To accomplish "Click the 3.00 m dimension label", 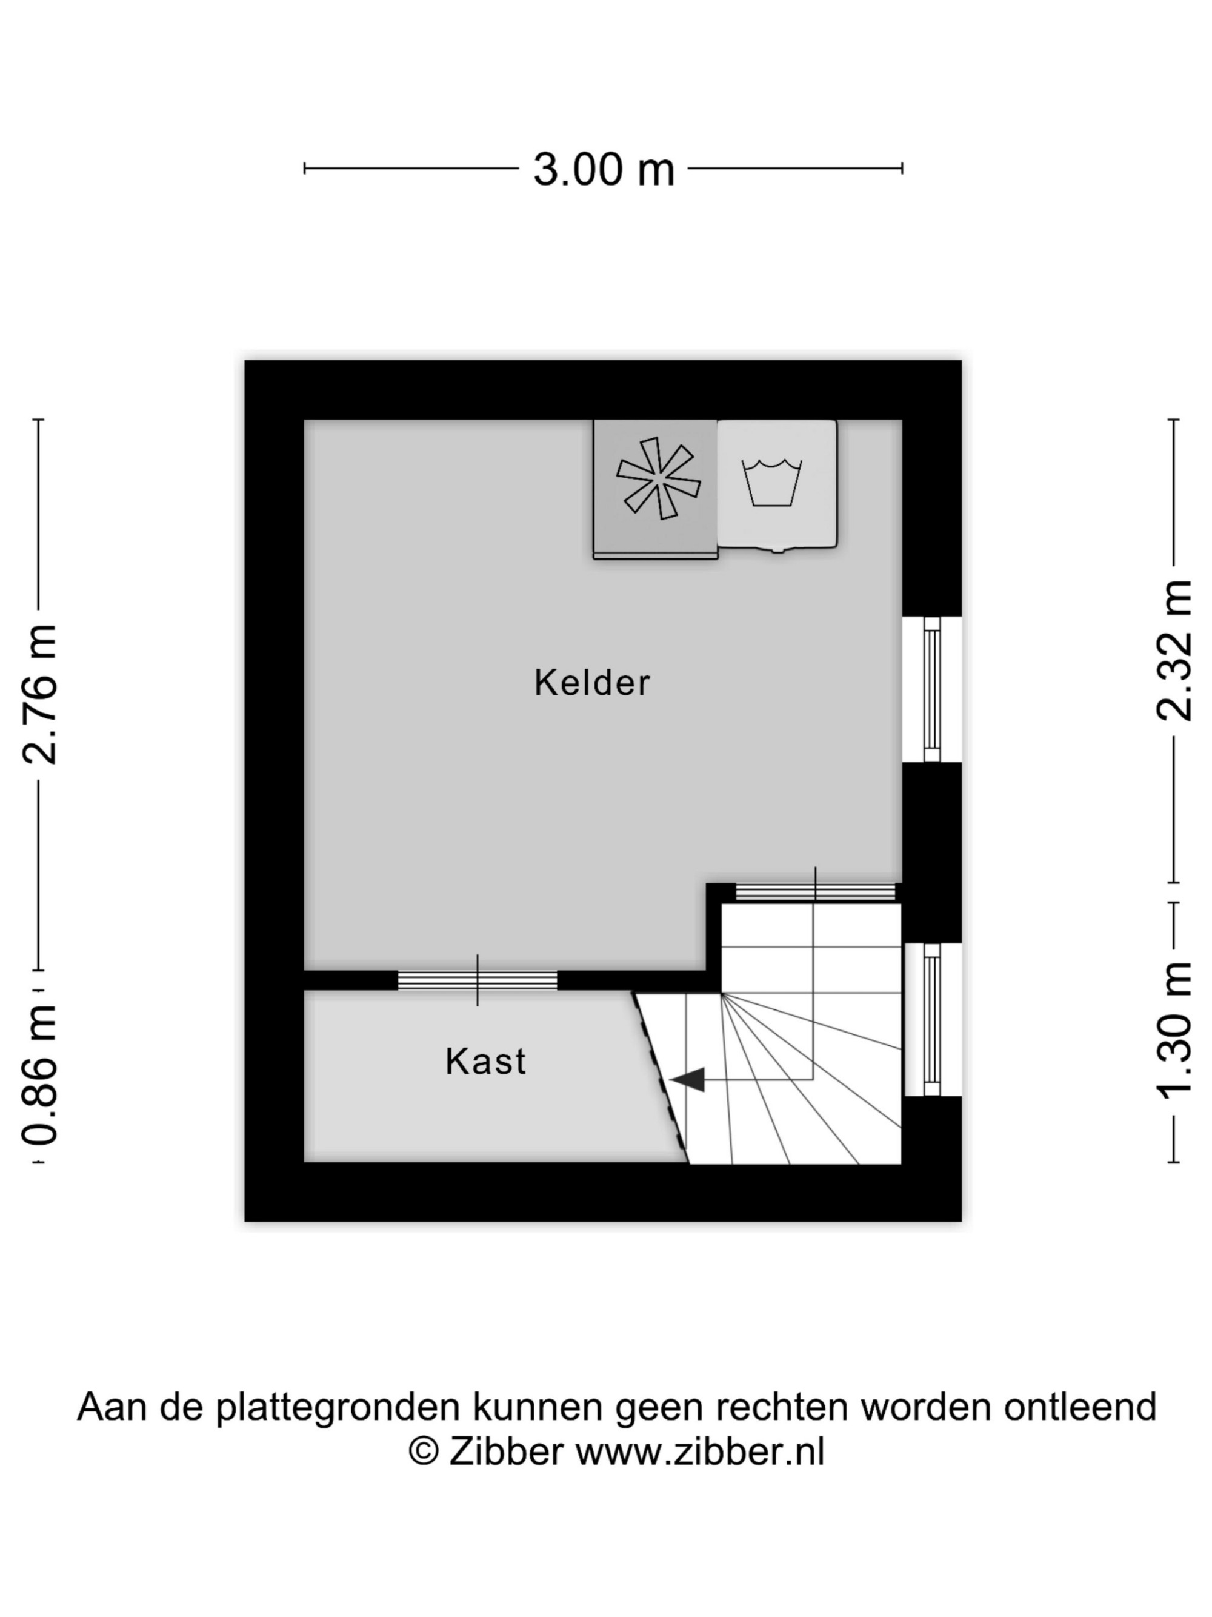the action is click(604, 170).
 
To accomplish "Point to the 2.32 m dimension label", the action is click(1174, 651).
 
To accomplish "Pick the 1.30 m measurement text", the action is click(1174, 1031).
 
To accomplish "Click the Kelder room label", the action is click(591, 683).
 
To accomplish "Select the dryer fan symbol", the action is click(658, 478).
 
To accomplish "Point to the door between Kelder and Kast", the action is click(477, 980).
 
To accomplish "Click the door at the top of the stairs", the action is click(815, 891).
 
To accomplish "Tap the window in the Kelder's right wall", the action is click(931, 689).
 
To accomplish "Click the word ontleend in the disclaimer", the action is click(1080, 1407).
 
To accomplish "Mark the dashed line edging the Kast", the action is click(661, 1077).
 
